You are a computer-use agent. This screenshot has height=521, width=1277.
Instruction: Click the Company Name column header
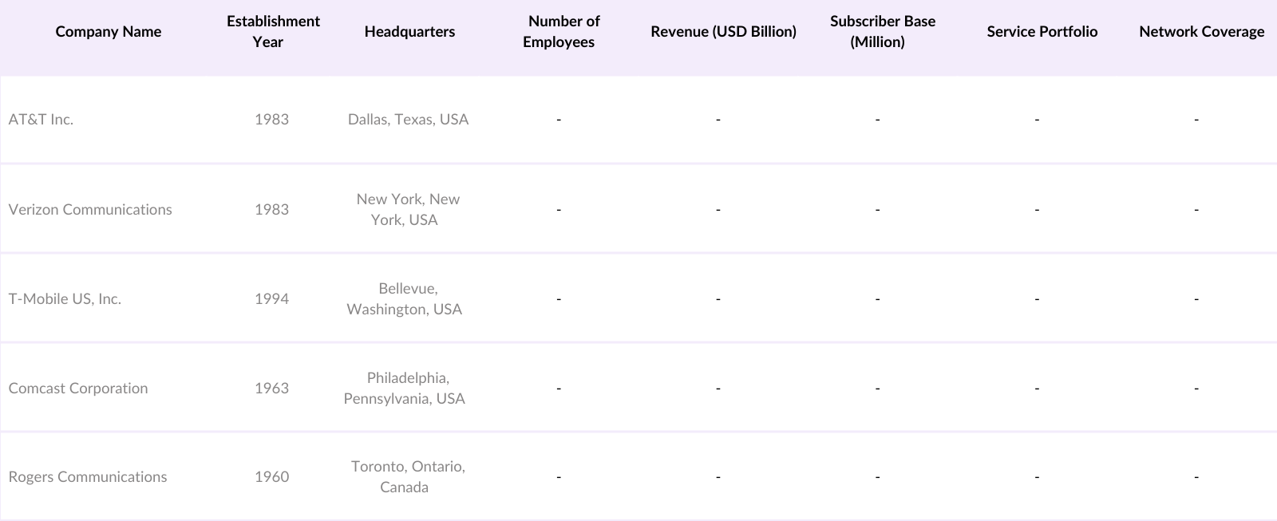109,32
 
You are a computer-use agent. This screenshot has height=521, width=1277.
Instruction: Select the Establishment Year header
273,32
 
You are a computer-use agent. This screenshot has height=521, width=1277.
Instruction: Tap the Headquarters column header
409,32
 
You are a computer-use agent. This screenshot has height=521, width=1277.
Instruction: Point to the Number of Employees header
562,32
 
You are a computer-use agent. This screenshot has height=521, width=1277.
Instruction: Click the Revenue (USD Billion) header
723,32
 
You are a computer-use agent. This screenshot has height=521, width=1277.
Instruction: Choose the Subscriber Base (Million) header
882,32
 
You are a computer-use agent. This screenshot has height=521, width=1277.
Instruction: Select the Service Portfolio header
1042,32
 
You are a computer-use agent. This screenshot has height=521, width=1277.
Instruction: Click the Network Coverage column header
1201,32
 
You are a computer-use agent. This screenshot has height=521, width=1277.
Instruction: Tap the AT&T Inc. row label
41,120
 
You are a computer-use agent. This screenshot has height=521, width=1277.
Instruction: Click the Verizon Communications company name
90,210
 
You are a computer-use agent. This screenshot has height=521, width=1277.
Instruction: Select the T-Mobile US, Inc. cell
65,299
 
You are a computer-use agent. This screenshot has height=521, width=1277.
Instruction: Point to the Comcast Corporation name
78,389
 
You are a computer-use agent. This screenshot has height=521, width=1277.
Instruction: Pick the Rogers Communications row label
88,477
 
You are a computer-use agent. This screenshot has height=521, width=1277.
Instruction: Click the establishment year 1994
271,299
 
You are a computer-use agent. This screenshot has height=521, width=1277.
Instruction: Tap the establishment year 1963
271,389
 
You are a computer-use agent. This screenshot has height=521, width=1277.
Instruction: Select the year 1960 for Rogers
271,477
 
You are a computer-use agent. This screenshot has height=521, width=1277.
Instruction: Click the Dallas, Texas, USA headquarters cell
408,120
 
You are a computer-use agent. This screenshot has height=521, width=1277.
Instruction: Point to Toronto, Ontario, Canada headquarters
407,477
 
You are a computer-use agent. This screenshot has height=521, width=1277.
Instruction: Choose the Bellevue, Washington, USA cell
405,299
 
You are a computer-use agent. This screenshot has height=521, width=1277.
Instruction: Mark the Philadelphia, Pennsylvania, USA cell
405,389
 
